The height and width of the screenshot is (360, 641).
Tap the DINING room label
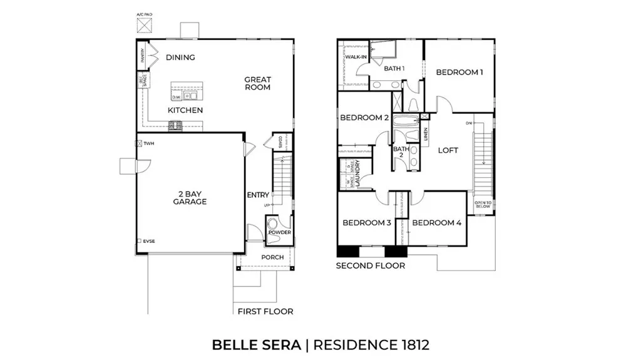[x=180, y=58]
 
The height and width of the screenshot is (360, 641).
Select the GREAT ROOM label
[x=257, y=83]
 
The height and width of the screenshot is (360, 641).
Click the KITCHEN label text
[x=185, y=110]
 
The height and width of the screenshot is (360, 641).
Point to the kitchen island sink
[x=190, y=96]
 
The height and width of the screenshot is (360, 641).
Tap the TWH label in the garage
[x=148, y=143]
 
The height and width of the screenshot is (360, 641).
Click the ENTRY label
[x=258, y=195]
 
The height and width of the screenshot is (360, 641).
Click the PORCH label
[x=272, y=257]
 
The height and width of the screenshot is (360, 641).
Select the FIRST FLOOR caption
[x=265, y=311]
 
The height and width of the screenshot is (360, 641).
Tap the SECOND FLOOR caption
[x=370, y=265]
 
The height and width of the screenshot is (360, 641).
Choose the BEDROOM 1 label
[x=459, y=73]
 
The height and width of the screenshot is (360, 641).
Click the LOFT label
[x=448, y=150]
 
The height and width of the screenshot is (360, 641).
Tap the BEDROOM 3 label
[x=367, y=223]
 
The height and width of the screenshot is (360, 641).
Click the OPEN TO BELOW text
[x=483, y=205]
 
